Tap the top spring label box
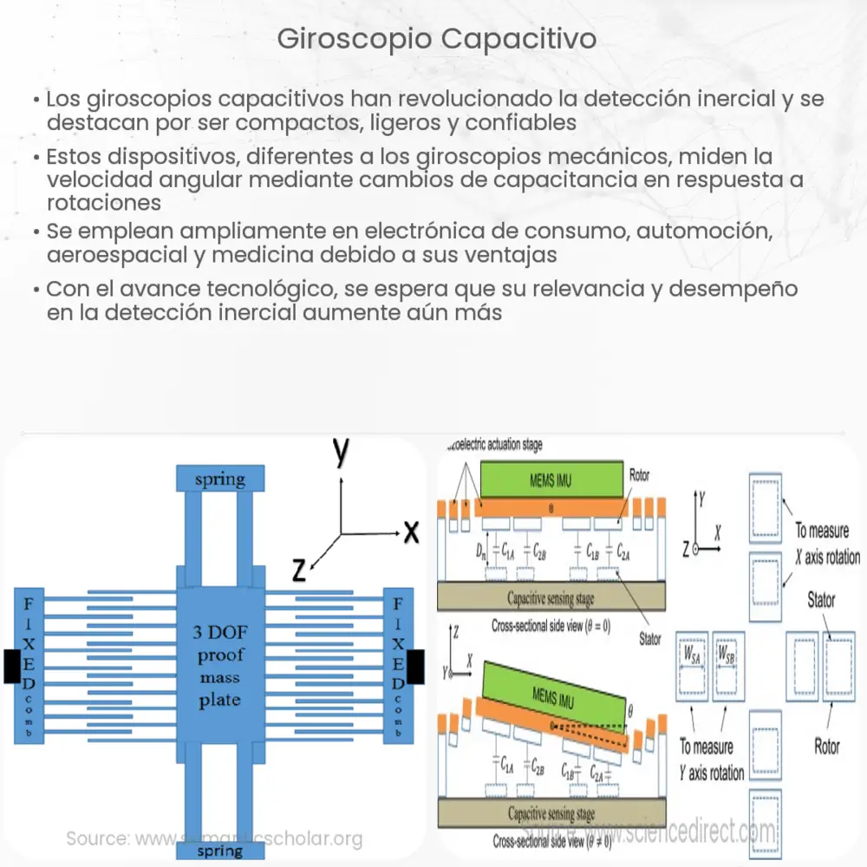[x=219, y=479]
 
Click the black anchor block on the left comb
[x=11, y=665]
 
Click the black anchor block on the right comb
[x=416, y=665]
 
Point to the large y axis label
[x=341, y=453]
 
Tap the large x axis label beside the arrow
[x=410, y=531]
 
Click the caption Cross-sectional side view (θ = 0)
[x=551, y=625]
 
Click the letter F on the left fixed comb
[x=29, y=602]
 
